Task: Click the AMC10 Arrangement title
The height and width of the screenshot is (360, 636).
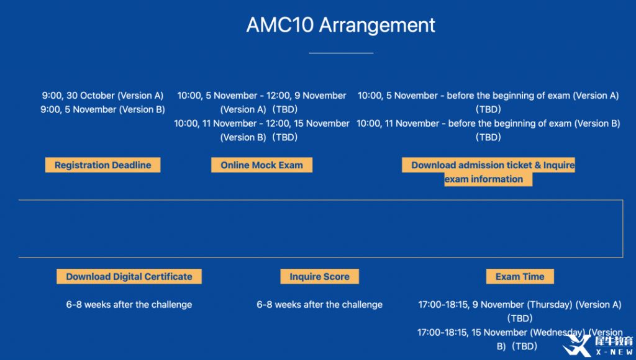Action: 341,25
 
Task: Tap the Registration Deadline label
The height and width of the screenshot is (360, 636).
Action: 102,165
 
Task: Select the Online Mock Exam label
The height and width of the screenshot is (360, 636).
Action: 261,165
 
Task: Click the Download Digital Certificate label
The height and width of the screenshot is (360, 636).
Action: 129,276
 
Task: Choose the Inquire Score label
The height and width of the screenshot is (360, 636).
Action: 320,276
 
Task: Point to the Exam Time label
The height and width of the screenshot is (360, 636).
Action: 520,276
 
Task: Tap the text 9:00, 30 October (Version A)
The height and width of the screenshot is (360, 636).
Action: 102,96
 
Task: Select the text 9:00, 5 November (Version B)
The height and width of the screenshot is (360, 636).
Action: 102,109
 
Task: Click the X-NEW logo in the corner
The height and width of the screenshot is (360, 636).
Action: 598,345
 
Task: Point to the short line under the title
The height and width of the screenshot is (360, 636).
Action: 341,53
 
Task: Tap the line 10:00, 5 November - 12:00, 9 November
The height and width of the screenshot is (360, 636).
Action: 261,96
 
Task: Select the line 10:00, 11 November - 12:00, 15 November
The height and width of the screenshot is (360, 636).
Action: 261,124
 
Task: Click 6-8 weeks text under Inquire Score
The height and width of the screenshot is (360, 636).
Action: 320,305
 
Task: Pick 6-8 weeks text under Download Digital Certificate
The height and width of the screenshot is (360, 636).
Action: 129,305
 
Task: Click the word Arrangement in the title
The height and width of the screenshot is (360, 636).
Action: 377,25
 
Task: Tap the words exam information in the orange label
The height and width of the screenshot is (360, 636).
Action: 484,179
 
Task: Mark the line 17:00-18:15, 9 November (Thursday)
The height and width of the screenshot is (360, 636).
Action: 496,305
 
